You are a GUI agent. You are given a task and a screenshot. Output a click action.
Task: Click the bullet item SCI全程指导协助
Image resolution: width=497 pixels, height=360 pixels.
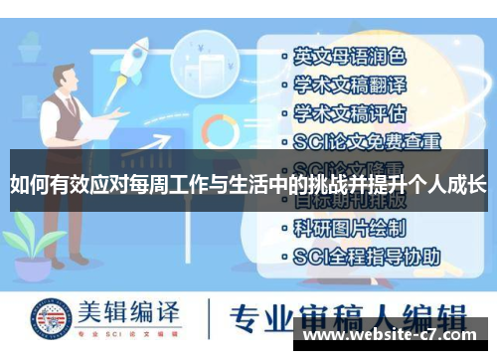(367, 256)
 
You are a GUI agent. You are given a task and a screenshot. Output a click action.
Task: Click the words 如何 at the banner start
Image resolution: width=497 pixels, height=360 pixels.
(27, 184)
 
